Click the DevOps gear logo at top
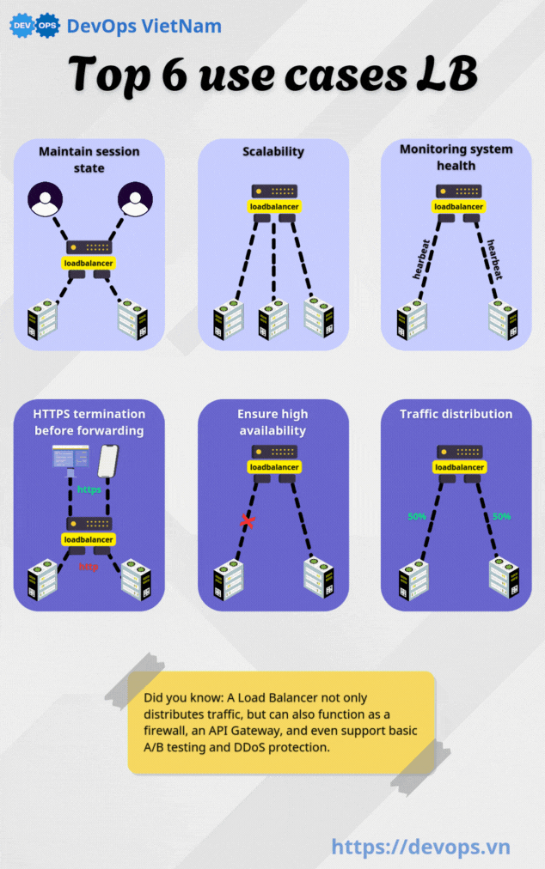(x=34, y=26)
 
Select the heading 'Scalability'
(x=273, y=151)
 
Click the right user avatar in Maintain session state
(x=135, y=200)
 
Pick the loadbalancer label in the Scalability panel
(x=274, y=207)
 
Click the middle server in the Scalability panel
(x=272, y=319)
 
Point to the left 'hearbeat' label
(x=422, y=259)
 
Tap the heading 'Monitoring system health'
(x=456, y=157)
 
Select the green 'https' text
(x=89, y=489)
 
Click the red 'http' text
(x=89, y=567)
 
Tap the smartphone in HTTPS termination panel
(x=107, y=461)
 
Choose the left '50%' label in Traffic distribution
(x=418, y=517)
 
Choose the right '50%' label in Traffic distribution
(x=500, y=517)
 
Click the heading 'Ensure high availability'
(x=273, y=422)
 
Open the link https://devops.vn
(x=420, y=847)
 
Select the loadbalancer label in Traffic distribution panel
(x=459, y=467)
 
